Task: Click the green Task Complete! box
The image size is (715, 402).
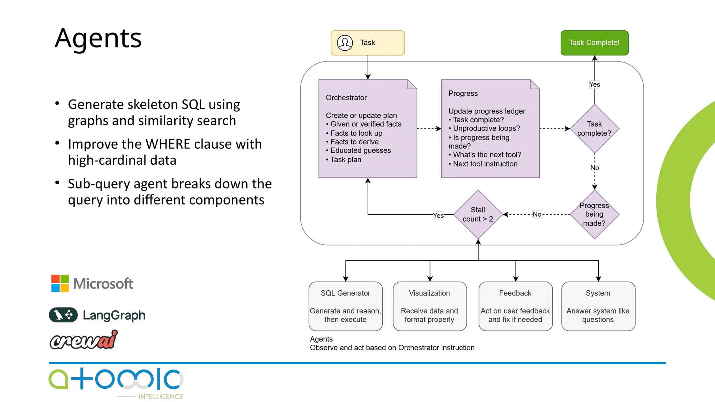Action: click(x=594, y=43)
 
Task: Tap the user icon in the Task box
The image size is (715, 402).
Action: click(x=345, y=43)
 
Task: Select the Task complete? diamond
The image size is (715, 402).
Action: click(x=594, y=129)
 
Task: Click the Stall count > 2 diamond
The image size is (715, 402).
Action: click(x=478, y=214)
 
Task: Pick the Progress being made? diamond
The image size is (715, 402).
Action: click(x=594, y=214)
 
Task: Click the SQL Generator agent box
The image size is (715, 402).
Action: click(x=345, y=306)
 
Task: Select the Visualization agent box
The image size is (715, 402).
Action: click(x=429, y=306)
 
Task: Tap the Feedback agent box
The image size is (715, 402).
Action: click(x=515, y=306)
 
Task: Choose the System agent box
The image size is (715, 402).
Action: click(x=598, y=306)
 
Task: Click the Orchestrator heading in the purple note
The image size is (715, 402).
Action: click(x=346, y=98)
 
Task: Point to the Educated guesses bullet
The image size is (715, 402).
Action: click(x=360, y=150)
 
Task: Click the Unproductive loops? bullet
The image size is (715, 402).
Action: click(x=486, y=128)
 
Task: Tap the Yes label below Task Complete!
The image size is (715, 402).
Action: click(x=594, y=84)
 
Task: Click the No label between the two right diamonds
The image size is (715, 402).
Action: click(x=594, y=168)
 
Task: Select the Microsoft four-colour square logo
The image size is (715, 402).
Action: click(x=60, y=283)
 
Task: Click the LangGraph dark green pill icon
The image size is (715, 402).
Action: click(x=63, y=315)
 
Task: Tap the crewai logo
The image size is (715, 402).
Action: click(x=84, y=340)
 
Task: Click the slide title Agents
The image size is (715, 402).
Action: click(x=98, y=38)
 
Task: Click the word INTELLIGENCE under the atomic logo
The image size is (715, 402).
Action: click(x=161, y=396)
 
